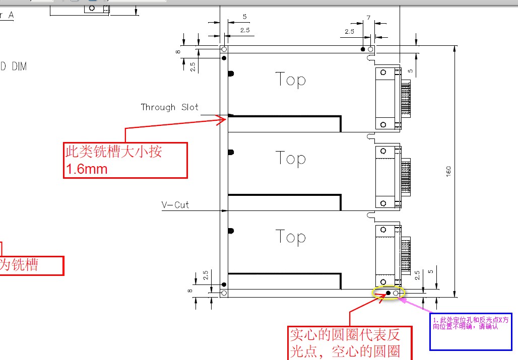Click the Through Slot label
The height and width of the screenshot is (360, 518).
pyautogui.click(x=169, y=107)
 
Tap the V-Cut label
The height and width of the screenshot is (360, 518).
pyautogui.click(x=175, y=205)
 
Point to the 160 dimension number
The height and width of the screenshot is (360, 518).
pyautogui.click(x=448, y=171)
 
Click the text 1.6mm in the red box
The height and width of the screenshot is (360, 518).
pyautogui.click(x=86, y=169)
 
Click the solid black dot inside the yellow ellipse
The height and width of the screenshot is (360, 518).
pyautogui.click(x=388, y=293)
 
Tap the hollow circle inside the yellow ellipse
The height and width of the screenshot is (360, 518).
pyautogui.click(x=396, y=293)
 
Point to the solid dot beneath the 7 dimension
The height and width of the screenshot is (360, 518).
pyautogui.click(x=362, y=49)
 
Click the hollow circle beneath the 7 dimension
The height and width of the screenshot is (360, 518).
pyautogui.click(x=370, y=49)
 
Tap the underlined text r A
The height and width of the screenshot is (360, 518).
pyautogui.click(x=7, y=16)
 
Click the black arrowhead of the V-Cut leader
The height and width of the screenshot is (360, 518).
pyautogui.click(x=224, y=210)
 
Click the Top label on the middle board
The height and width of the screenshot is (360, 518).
pyautogui.click(x=291, y=158)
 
